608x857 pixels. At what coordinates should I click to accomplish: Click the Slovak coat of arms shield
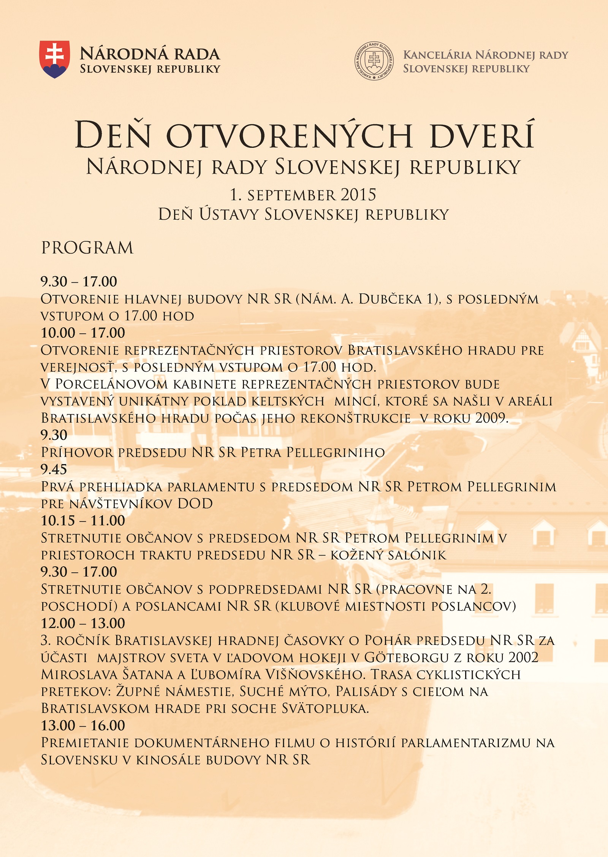point(55,59)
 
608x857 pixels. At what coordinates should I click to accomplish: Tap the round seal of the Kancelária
point(374,61)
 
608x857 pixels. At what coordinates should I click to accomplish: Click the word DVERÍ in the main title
point(483,135)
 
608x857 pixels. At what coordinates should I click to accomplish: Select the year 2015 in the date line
point(358,195)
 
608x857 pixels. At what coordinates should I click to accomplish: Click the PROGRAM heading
point(87,248)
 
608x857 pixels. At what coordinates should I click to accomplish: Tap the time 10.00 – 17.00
point(83,333)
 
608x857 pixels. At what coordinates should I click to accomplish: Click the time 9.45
point(54,470)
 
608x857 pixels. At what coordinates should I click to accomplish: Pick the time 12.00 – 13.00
point(83,624)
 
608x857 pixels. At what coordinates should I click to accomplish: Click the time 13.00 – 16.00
point(83,726)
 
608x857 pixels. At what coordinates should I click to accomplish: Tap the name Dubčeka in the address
point(390,299)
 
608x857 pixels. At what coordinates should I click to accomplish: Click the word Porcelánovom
point(111,384)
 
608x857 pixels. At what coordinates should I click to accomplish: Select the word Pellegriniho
point(336,453)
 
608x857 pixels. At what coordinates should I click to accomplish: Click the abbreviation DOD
point(195,504)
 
